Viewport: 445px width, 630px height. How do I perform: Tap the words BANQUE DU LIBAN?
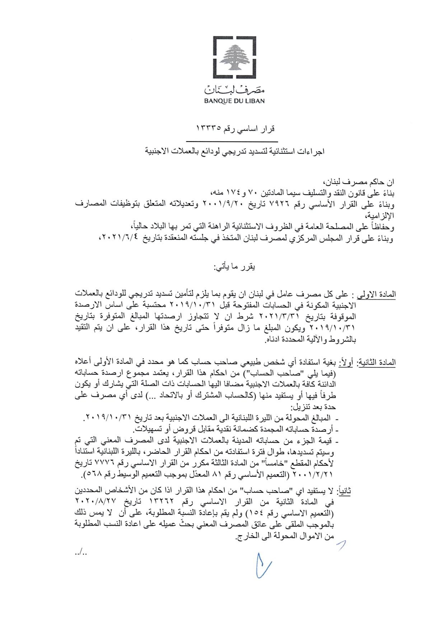point(234,101)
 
